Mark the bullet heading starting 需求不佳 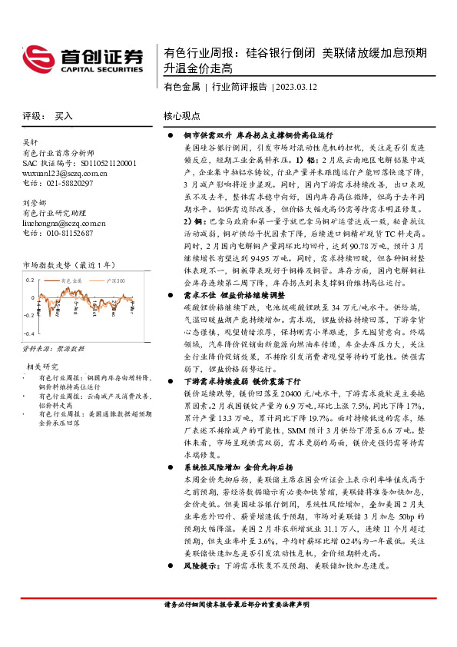(x=234, y=273)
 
